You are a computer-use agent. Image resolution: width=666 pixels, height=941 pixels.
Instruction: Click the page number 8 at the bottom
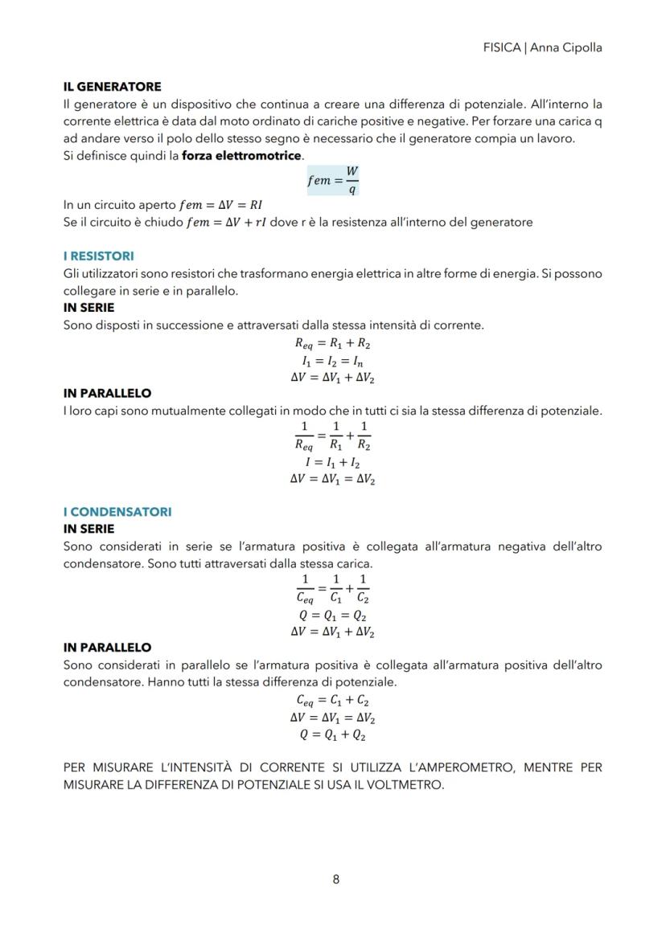335,879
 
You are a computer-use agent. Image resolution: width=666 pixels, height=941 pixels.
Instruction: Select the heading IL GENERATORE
112,87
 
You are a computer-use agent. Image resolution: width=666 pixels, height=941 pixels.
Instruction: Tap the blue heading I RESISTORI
98,256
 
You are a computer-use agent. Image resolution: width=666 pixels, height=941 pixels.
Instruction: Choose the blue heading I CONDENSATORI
117,512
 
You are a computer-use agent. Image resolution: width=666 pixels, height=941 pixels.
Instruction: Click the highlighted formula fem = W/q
333,181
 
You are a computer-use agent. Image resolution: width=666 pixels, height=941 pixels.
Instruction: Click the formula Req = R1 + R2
332,343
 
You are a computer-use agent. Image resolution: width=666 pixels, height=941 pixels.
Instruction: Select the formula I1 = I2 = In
332,360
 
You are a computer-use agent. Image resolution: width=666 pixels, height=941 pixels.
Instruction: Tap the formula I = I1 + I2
332,463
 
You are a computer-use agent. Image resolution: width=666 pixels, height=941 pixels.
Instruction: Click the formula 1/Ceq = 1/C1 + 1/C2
332,590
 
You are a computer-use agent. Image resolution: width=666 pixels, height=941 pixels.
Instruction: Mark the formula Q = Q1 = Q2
332,616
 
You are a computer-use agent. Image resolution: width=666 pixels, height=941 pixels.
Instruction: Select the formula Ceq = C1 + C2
332,701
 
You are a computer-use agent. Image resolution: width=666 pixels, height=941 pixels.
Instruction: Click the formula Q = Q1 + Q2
332,734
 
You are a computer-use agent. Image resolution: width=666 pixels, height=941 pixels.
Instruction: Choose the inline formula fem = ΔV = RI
222,205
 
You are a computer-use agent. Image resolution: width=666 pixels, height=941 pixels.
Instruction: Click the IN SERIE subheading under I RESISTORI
88,308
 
